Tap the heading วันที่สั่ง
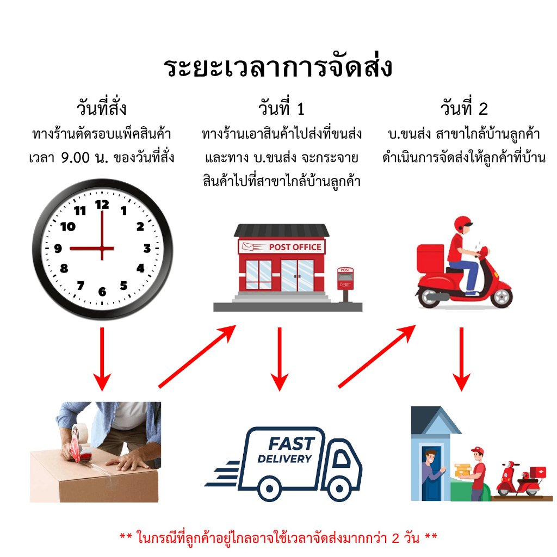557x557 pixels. [102, 107]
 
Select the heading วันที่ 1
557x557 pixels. [281, 107]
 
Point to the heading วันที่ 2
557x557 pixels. [464, 107]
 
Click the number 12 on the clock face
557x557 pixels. [102, 205]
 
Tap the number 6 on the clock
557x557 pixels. [102, 292]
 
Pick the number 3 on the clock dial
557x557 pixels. [147, 248]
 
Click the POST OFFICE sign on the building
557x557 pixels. [282, 247]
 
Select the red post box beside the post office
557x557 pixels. [345, 279]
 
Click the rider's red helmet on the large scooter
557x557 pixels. [462, 225]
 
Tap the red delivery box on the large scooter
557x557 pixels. [430, 258]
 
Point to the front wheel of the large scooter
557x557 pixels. [502, 296]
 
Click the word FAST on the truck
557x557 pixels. [292, 444]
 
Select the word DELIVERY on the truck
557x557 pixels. [284, 459]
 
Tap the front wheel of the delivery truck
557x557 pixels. [339, 489]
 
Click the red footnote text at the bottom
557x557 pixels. [278, 537]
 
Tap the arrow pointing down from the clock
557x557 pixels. [102, 359]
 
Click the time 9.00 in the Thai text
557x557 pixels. [75, 158]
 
